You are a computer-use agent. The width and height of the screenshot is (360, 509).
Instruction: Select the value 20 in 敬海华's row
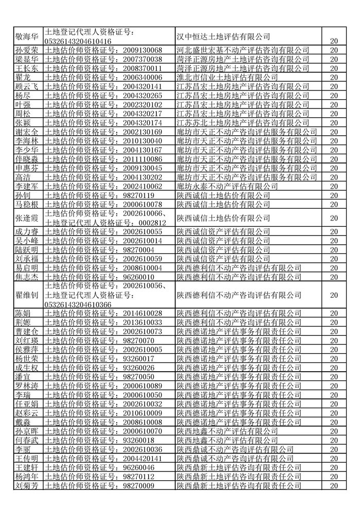334,41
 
